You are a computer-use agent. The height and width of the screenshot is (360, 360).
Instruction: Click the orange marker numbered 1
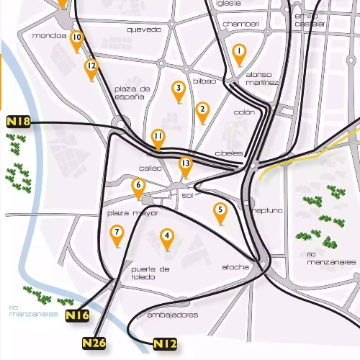[x=240, y=52]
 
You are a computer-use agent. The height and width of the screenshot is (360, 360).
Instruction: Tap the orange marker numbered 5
[x=220, y=212]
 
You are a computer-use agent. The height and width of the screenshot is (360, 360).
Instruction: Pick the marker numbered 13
[x=185, y=165]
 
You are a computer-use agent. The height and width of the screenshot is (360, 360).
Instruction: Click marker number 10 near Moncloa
[x=76, y=39]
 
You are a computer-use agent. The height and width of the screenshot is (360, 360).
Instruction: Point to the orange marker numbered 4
[x=167, y=236]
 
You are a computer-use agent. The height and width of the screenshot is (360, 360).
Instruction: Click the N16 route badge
[x=77, y=315]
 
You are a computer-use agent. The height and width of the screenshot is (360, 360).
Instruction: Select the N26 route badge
[x=94, y=343]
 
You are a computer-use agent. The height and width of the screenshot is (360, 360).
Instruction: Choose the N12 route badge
[x=165, y=345]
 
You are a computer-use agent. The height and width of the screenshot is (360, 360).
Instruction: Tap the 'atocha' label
[x=235, y=267]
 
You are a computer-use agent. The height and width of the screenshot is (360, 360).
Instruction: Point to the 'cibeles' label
[x=229, y=154]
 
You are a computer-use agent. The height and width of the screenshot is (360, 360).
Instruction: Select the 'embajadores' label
[x=172, y=315]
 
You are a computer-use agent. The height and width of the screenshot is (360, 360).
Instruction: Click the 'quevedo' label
[x=143, y=30]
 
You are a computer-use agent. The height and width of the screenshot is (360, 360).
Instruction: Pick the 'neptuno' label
[x=268, y=210]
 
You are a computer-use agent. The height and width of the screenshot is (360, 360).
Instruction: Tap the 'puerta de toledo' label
[x=150, y=273]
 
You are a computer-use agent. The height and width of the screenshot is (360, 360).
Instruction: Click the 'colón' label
[x=245, y=112]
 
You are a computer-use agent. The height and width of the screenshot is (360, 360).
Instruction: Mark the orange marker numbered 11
[x=158, y=137]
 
